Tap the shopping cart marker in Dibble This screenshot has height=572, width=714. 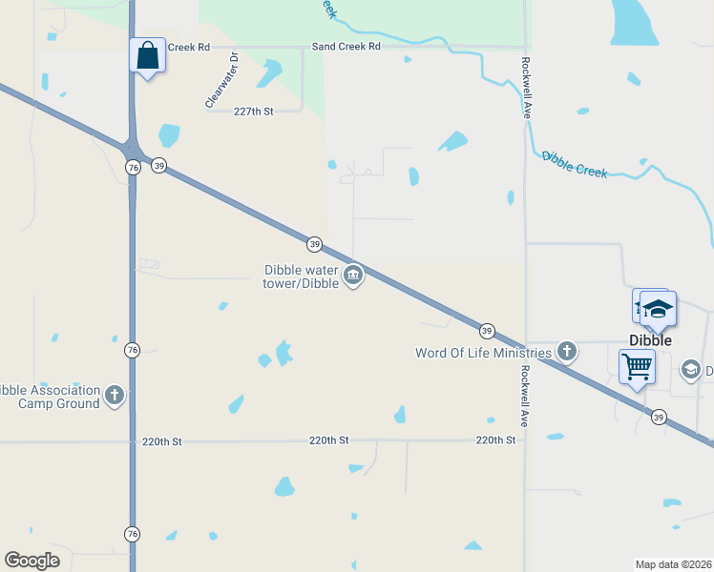click(637, 366)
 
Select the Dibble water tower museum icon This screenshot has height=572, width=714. click(353, 276)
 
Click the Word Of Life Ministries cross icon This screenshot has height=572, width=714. click(567, 352)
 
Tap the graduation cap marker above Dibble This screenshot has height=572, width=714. click(658, 309)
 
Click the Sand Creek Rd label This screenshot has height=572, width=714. click(346, 46)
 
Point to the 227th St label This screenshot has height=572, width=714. click(254, 112)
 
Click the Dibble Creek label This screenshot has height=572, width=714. click(575, 164)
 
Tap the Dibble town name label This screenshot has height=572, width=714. click(650, 340)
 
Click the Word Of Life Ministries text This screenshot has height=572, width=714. click(483, 353)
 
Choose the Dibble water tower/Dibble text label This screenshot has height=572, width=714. click(302, 276)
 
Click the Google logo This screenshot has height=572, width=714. click(32, 561)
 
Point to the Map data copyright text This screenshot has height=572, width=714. click(674, 563)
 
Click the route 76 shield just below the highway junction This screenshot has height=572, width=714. click(133, 168)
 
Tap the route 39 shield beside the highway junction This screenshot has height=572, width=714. click(158, 165)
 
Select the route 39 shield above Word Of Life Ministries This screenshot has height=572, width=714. click(487, 331)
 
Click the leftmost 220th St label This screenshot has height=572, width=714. click(161, 441)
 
